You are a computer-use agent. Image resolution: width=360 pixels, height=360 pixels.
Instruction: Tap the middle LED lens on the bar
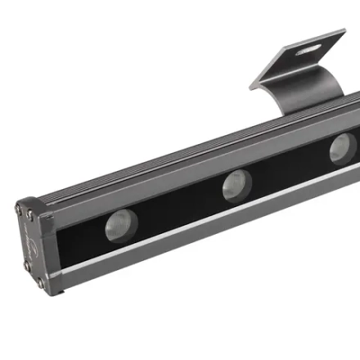pos(236,186)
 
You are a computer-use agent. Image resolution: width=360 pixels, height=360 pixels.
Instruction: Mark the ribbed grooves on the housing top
pos(164,164)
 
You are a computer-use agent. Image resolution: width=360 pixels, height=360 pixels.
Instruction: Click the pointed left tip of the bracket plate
pos(254,85)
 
